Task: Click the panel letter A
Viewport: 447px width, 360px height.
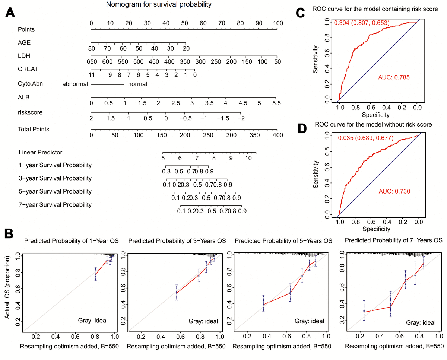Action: point(10,13)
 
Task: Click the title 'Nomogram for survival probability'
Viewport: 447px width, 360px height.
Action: point(159,5)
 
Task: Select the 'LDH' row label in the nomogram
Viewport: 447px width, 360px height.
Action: point(24,55)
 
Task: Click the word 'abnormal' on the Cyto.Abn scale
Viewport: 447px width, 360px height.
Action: point(75,84)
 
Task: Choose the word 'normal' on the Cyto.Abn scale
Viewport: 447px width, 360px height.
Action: point(137,84)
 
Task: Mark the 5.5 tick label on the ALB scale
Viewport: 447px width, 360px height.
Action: point(276,103)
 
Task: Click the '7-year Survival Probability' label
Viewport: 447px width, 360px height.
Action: point(55,205)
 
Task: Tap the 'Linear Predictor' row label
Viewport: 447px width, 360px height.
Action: point(41,152)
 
